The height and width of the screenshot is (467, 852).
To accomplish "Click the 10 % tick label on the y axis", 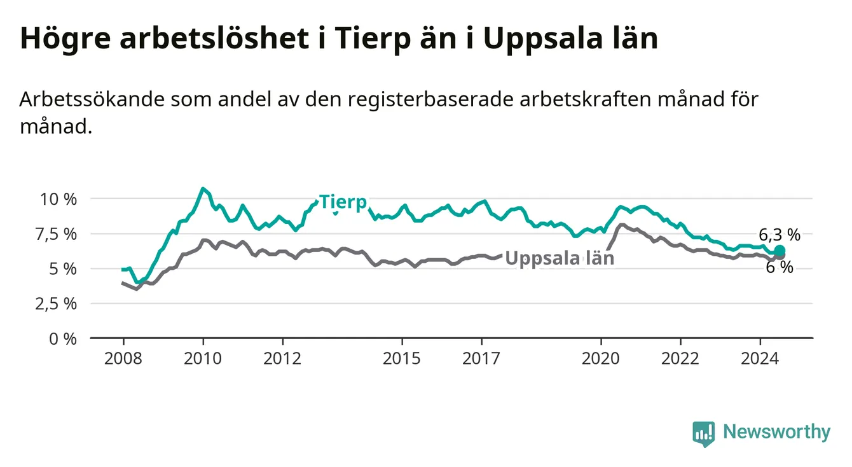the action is tap(58, 199).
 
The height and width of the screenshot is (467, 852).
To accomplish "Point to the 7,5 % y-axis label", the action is tap(57, 234).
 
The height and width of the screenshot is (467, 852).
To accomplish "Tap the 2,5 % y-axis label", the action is tap(57, 304).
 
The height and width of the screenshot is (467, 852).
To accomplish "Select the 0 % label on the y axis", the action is tap(63, 338).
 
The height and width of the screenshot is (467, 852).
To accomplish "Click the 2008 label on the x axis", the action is tap(123, 359).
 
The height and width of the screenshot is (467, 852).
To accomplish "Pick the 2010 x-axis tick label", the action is tap(203, 359).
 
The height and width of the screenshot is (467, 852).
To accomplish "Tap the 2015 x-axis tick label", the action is tap(402, 359).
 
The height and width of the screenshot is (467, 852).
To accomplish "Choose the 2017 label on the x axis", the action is tap(481, 359).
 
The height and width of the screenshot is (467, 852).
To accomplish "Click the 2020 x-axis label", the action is tap(601, 359).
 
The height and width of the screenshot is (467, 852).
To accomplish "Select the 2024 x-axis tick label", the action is tap(760, 359).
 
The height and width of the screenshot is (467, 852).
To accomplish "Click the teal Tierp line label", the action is tap(343, 202).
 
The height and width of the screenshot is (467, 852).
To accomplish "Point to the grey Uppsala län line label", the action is tap(560, 258).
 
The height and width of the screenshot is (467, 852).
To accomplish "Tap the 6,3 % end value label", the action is tap(780, 235).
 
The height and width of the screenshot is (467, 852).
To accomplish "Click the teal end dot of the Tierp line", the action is tap(780, 251).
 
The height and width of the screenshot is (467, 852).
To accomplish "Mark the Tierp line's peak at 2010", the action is tap(203, 188).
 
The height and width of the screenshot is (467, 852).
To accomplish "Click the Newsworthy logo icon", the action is tap(704, 434).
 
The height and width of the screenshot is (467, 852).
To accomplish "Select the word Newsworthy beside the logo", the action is tap(777, 432).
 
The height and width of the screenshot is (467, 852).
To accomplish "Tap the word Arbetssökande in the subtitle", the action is tap(92, 99).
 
